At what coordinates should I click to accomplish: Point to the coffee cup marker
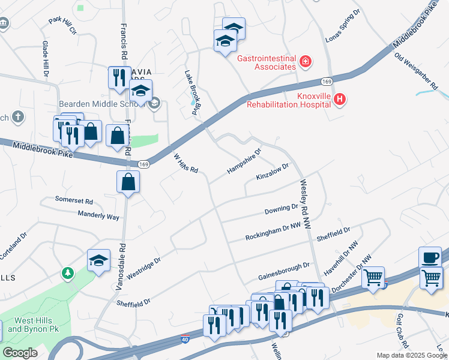point(430,257)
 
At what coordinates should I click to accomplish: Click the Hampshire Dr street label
point(244,162)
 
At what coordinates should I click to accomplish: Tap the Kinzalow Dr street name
point(273,171)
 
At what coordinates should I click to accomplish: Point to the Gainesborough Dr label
point(283,271)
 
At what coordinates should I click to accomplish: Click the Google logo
point(20,352)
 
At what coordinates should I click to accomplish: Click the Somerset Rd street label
point(74,200)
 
